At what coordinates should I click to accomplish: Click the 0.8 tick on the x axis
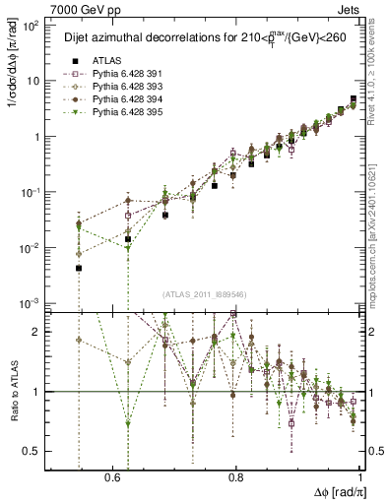pos(236,477)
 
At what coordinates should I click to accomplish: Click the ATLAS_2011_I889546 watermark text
pos(204,294)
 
